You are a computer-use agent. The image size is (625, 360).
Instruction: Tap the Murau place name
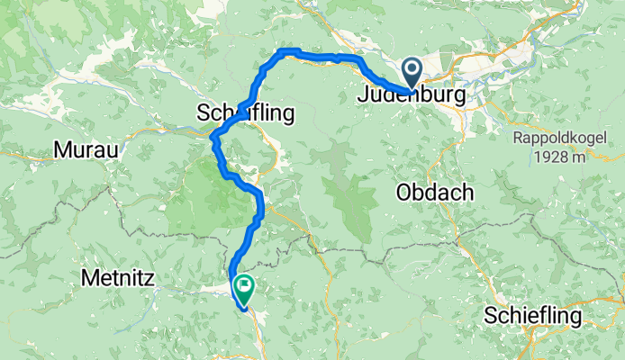[86, 150]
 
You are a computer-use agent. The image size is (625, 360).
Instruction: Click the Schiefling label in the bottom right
[533, 316]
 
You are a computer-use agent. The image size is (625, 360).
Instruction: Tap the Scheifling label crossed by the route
[247, 114]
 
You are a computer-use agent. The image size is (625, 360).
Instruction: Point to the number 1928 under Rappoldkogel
[550, 157]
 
